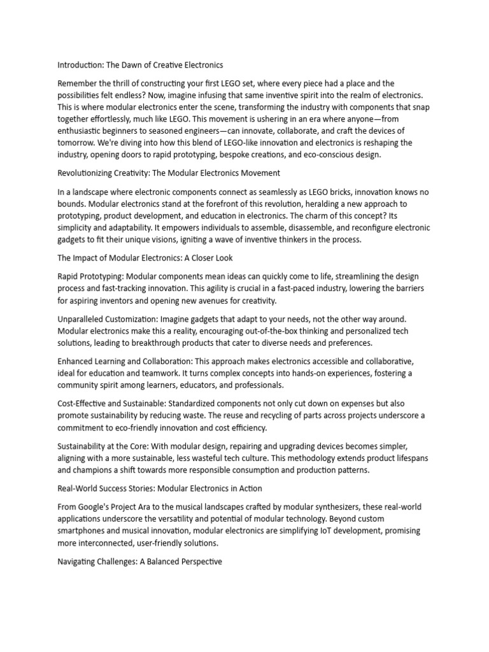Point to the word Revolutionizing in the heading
pos(89,173)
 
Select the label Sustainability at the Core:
pos(104,446)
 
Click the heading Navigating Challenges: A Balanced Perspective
pos(140,561)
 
